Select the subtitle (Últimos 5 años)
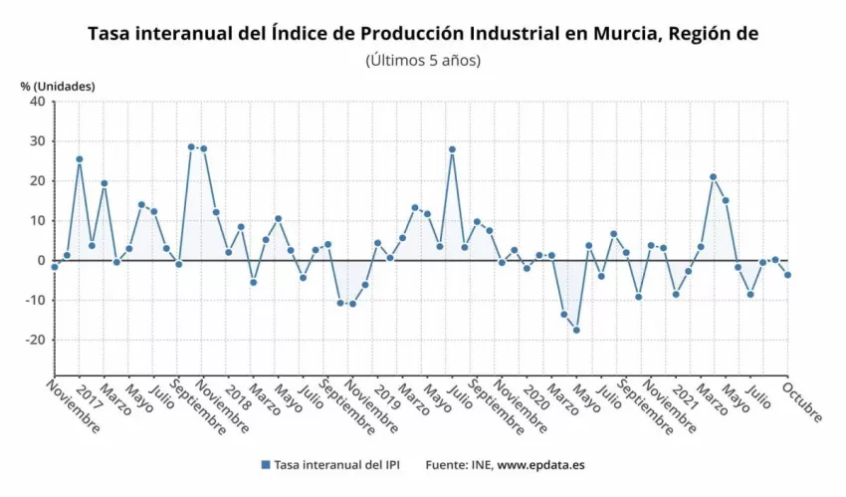(423, 60)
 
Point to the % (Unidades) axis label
(58, 86)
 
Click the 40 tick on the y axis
(37, 102)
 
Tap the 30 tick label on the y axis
(37, 141)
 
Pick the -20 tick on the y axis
(34, 340)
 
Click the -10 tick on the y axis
(34, 300)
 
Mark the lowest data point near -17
(576, 330)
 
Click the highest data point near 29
(191, 146)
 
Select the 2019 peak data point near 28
(452, 149)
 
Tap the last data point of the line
(787, 275)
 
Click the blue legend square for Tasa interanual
(265, 465)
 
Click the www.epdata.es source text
(542, 465)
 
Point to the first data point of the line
(55, 267)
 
